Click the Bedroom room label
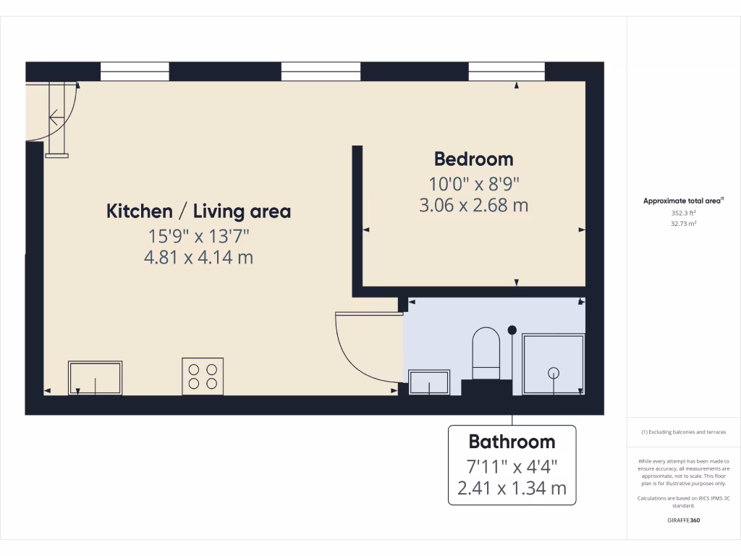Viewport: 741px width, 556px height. click(473, 159)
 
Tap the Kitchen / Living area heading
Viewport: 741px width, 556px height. click(198, 211)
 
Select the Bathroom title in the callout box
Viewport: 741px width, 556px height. click(512, 442)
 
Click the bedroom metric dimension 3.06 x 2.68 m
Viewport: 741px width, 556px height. click(473, 206)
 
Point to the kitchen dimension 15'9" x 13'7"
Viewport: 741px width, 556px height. click(198, 235)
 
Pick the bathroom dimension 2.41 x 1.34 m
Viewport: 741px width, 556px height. click(512, 489)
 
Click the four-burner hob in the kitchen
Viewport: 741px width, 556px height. click(203, 376)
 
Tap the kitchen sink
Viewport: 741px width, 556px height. click(96, 378)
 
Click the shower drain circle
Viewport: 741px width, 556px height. click(554, 373)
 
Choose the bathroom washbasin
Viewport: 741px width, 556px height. click(429, 382)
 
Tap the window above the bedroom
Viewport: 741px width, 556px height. click(507, 71)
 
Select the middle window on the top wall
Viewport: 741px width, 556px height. click(321, 71)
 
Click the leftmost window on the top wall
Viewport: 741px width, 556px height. click(135, 71)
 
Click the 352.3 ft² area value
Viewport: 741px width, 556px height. click(683, 213)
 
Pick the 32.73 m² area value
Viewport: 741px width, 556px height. click(683, 224)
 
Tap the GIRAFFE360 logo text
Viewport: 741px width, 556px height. click(683, 520)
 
